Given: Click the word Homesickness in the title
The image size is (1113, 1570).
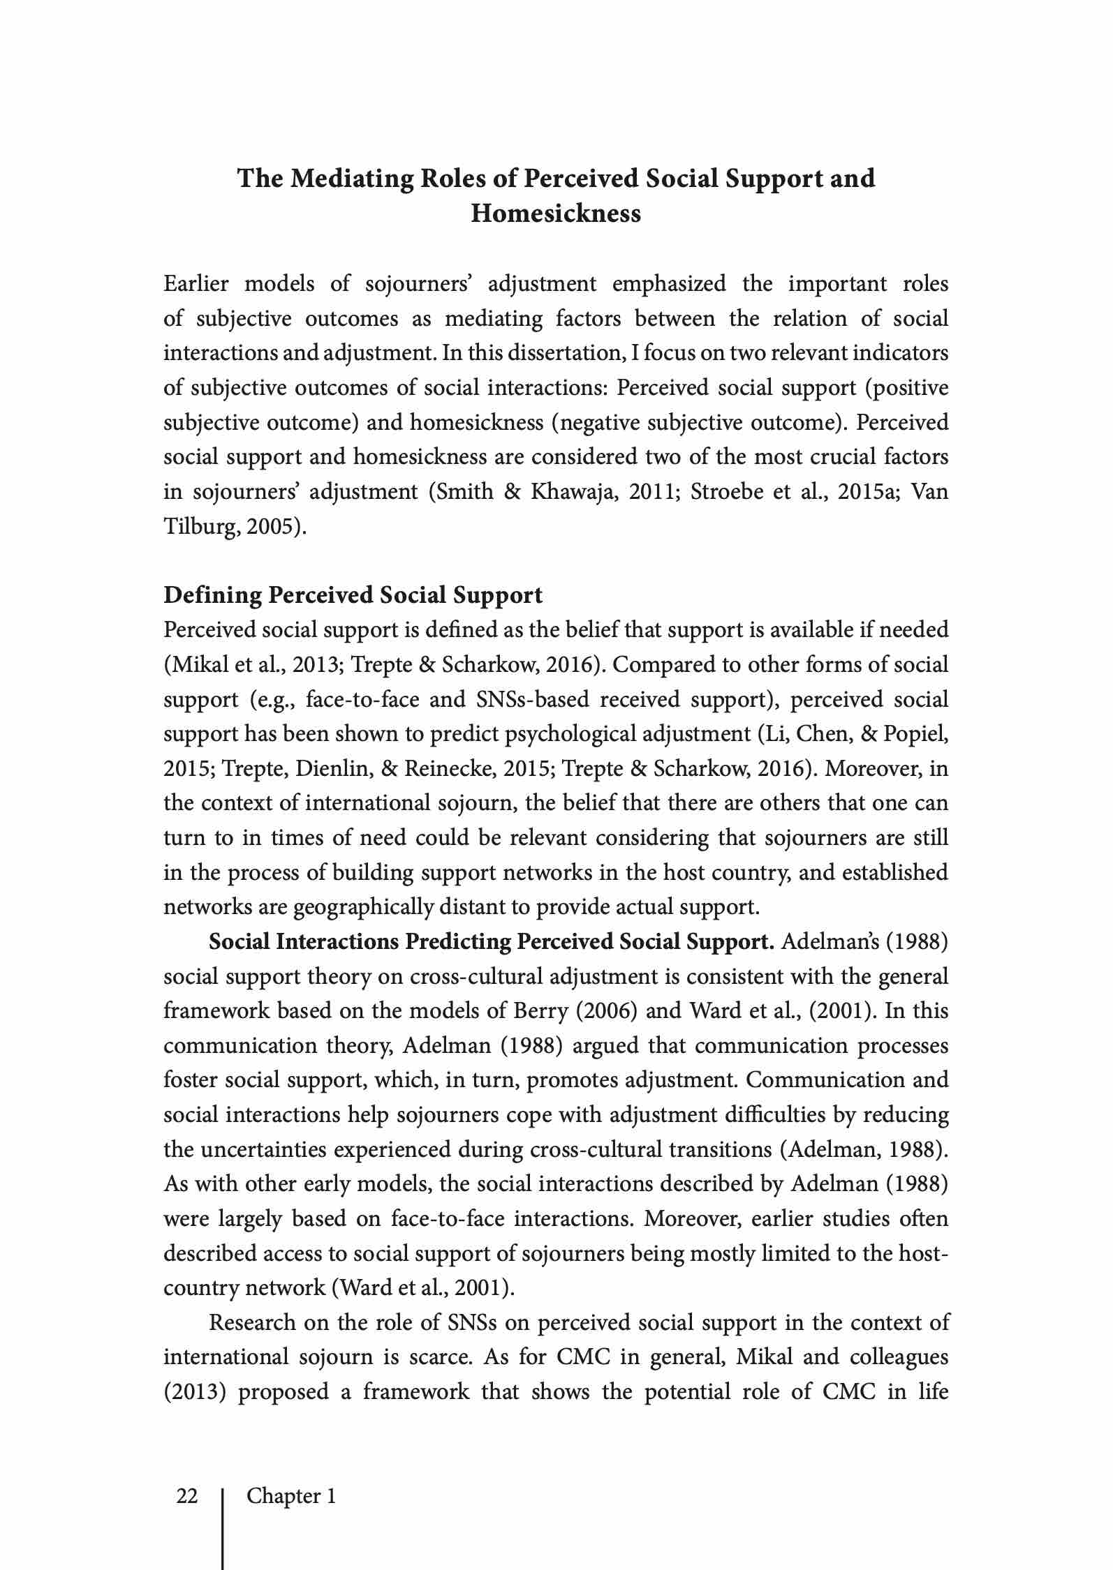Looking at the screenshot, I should click(x=556, y=213).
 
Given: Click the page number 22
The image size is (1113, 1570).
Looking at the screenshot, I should click(x=187, y=1496).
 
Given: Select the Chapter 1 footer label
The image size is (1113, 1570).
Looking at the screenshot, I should click(x=291, y=1496).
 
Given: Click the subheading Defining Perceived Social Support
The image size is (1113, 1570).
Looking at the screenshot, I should click(x=353, y=595).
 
